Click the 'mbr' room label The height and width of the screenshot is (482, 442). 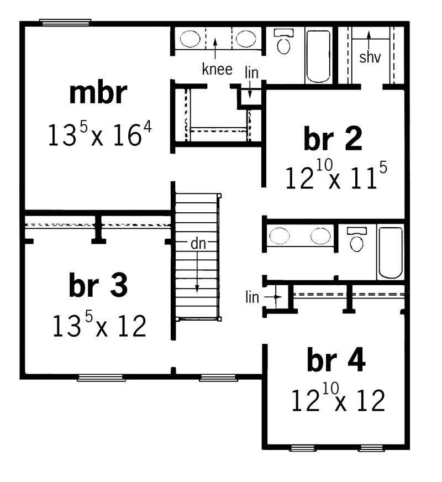(98, 93)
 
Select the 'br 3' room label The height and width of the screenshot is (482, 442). (98, 285)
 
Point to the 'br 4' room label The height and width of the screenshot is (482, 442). (336, 360)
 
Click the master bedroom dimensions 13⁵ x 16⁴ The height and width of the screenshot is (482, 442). (99, 134)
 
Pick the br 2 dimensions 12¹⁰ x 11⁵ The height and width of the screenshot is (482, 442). (335, 177)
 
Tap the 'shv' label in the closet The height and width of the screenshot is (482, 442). (370, 57)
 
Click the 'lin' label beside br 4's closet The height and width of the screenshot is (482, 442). (252, 297)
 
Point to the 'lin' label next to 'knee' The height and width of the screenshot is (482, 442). (251, 72)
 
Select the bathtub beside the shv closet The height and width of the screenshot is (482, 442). (318, 55)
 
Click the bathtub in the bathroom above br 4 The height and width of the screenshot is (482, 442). (390, 252)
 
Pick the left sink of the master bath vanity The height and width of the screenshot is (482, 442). (190, 39)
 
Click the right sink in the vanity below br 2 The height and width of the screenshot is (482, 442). (320, 236)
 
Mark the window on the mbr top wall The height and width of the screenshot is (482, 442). (65, 22)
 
